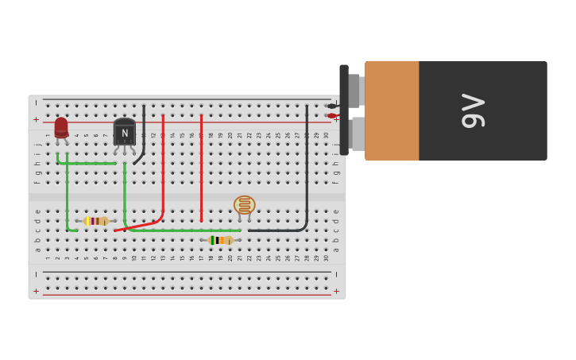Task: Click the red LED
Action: click(x=61, y=127)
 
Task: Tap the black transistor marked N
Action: click(x=124, y=134)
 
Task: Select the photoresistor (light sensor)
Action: click(x=244, y=205)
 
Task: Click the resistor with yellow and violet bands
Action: click(x=96, y=221)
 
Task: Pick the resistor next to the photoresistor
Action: click(x=220, y=240)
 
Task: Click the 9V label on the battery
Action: click(x=474, y=110)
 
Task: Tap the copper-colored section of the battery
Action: click(x=392, y=110)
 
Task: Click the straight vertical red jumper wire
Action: click(x=201, y=167)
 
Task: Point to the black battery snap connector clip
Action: click(x=344, y=110)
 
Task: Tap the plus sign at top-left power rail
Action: click(x=36, y=119)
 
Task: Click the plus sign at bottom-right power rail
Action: click(x=336, y=291)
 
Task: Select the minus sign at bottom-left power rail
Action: click(x=36, y=274)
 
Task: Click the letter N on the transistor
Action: click(x=125, y=134)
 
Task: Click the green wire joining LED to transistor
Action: click(x=87, y=163)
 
